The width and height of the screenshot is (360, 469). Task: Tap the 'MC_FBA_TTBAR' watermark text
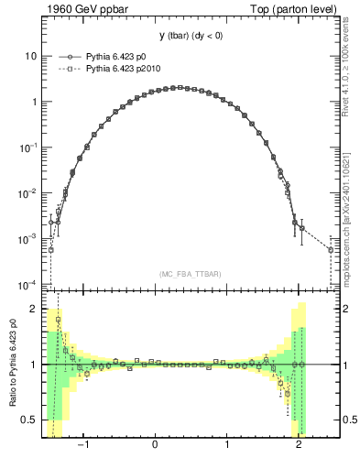(x=191, y=274)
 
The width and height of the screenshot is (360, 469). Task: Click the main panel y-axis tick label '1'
(x=34, y=102)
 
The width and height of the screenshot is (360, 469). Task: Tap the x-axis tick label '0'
(x=156, y=448)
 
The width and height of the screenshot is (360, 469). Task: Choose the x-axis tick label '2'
(x=299, y=448)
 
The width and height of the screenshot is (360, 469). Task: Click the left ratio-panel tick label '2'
(x=34, y=310)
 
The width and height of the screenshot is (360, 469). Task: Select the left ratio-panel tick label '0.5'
(x=29, y=420)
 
